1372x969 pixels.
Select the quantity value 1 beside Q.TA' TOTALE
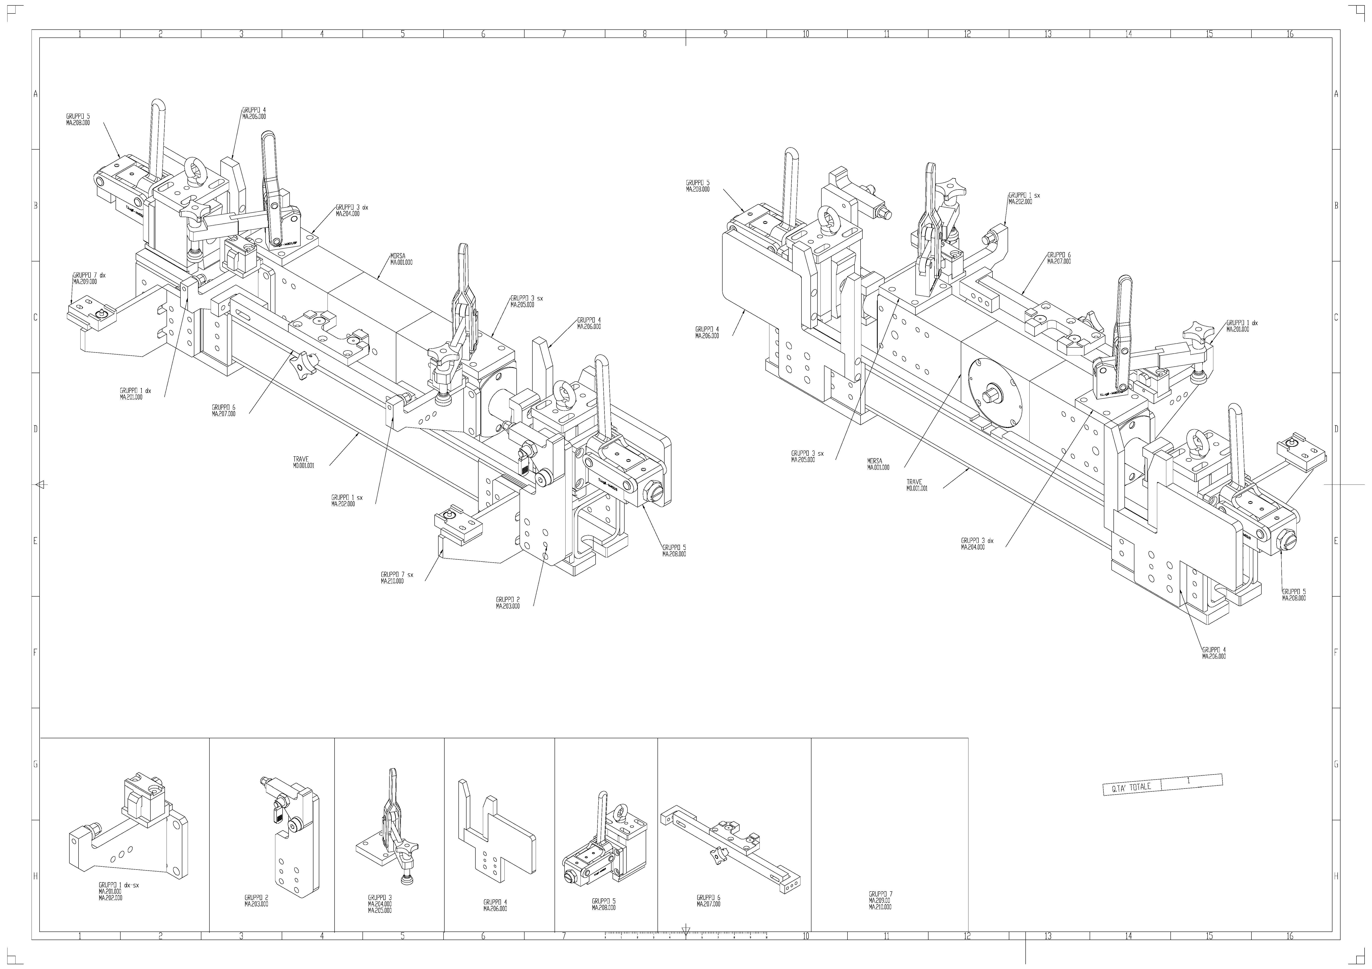(x=1189, y=781)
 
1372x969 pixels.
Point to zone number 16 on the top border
(x=1290, y=34)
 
